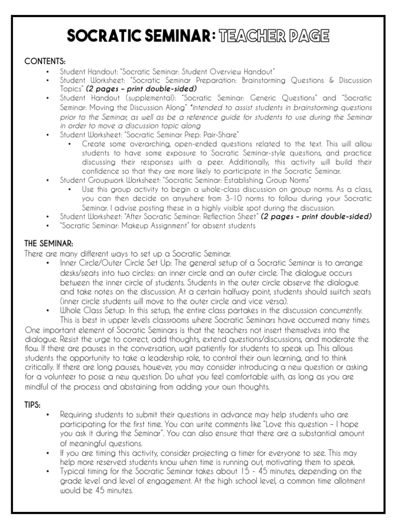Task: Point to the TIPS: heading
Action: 34,403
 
